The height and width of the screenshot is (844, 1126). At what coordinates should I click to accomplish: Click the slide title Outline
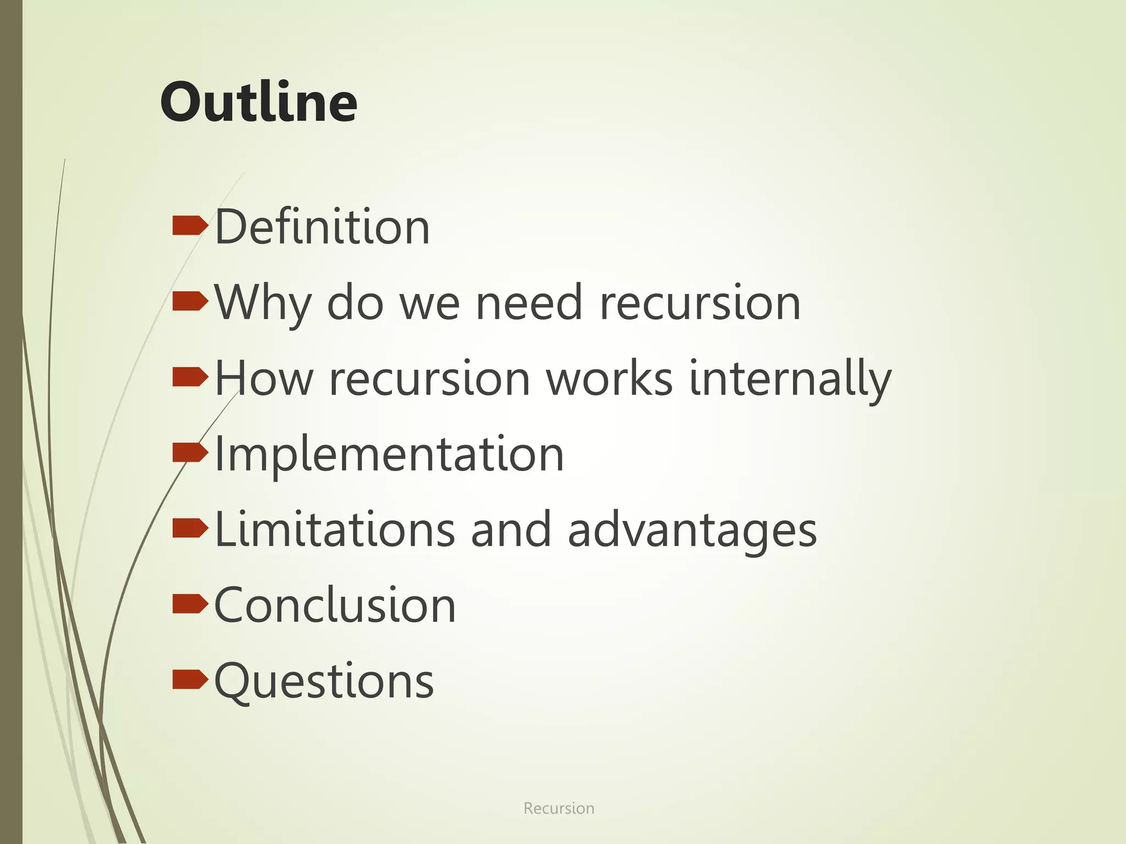258,102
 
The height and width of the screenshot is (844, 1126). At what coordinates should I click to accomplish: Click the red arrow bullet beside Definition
190,225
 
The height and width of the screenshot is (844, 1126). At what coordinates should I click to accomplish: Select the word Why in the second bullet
262,303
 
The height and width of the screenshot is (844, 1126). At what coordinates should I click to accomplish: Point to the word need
528,303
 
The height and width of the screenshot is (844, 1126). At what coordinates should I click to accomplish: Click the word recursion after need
699,303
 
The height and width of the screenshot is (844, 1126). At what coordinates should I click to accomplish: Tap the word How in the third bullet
264,379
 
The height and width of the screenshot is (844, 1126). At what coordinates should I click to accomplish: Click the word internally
790,379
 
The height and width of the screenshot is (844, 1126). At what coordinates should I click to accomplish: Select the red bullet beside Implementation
190,452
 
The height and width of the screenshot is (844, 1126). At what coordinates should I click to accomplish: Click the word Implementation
389,454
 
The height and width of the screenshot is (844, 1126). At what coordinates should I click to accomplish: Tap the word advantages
692,531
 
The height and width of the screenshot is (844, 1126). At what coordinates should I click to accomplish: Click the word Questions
324,681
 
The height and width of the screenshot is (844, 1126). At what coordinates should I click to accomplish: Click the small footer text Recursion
559,808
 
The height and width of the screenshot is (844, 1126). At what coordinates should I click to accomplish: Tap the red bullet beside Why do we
190,301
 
